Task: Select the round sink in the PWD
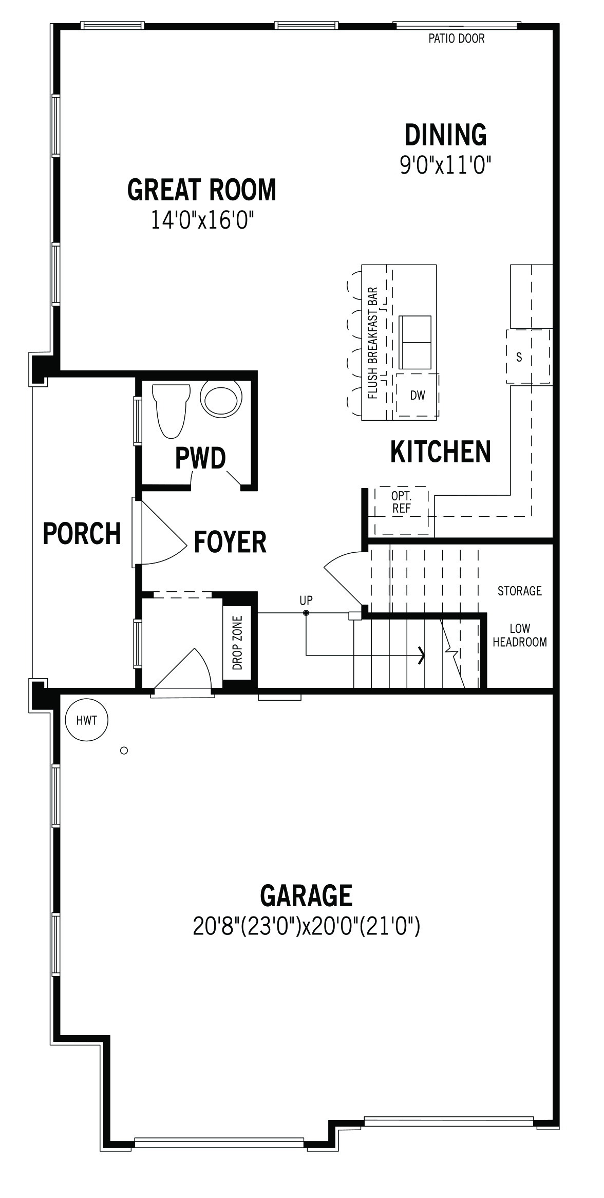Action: point(221,399)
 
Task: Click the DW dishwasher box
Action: point(417,395)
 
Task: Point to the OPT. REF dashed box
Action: point(401,510)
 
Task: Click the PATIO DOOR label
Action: point(457,39)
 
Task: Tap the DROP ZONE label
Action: point(238,643)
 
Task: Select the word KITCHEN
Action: point(441,452)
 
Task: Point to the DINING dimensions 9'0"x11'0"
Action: point(446,166)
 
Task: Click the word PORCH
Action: point(82,533)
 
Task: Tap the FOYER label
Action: point(230,542)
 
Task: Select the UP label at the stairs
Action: point(306,600)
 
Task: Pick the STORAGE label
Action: point(520,591)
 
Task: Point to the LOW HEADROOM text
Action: point(520,635)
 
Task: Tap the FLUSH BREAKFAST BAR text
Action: point(373,343)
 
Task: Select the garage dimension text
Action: point(307,926)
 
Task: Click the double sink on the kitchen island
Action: point(415,342)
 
